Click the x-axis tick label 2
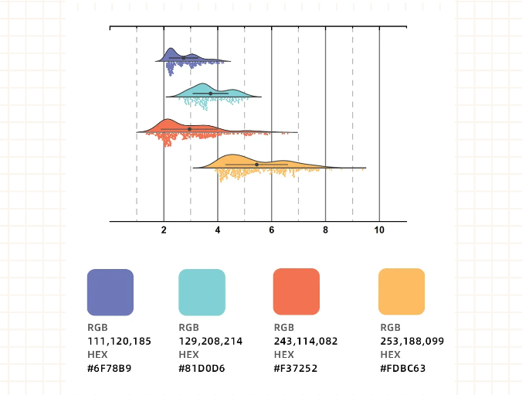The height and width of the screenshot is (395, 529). point(164,230)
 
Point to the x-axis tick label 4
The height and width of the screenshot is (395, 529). point(218,230)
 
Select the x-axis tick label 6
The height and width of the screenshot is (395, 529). point(272,230)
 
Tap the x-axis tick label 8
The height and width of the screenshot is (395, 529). point(325,230)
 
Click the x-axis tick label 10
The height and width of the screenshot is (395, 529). point(379,230)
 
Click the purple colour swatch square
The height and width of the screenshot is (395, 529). point(110,291)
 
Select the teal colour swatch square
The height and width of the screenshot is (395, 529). point(202,291)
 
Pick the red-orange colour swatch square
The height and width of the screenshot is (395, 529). point(297,291)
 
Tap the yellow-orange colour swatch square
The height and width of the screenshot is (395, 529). point(402,291)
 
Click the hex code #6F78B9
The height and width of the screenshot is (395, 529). point(109,368)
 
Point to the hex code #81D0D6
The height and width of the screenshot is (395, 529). point(202,368)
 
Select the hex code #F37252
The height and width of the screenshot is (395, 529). point(296,368)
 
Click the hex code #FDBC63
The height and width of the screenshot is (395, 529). point(403,368)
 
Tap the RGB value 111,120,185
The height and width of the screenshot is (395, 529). point(119,340)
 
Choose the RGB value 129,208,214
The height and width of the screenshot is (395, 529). point(210,340)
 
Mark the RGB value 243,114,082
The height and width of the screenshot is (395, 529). point(306,340)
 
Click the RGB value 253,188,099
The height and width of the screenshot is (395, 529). point(412,340)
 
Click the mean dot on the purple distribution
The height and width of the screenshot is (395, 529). point(183,58)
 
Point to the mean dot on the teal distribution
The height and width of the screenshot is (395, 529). point(210,94)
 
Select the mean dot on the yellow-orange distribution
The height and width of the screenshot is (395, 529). point(256,164)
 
